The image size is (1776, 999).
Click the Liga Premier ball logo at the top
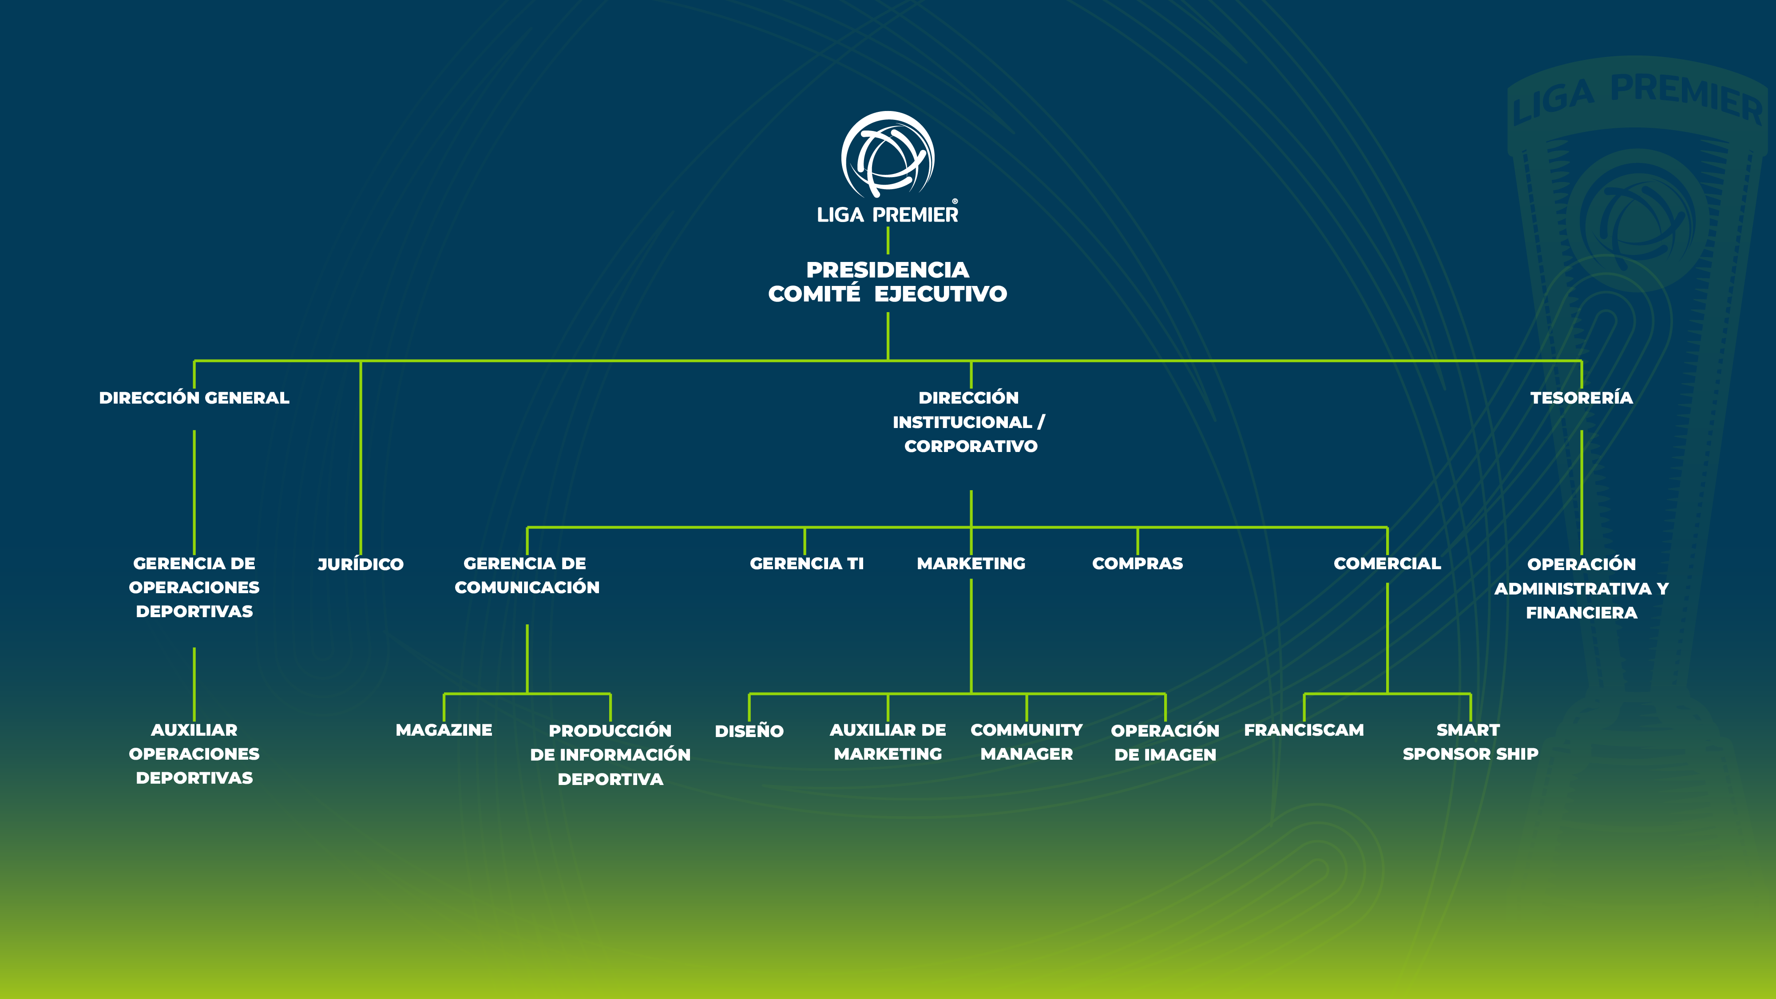click(887, 155)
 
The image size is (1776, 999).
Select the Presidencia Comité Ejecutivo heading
click(887, 281)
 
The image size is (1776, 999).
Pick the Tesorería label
click(1581, 398)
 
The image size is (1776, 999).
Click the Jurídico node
click(360, 564)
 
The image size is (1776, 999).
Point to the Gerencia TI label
click(806, 563)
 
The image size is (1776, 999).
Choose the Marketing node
click(971, 563)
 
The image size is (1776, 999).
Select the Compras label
click(1137, 563)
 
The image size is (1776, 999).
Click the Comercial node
click(1387, 563)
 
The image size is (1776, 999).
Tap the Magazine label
click(443, 729)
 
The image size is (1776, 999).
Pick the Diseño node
click(749, 731)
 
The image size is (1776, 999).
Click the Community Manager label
click(1026, 742)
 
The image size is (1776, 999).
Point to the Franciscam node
click(1303, 729)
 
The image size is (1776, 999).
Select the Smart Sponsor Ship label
click(1470, 742)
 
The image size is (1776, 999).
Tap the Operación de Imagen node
click(1165, 742)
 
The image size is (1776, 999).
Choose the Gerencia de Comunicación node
click(527, 575)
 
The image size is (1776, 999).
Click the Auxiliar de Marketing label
click(887, 742)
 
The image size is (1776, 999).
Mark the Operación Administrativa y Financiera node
click(1581, 588)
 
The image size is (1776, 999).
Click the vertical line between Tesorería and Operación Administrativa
click(1581, 493)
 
